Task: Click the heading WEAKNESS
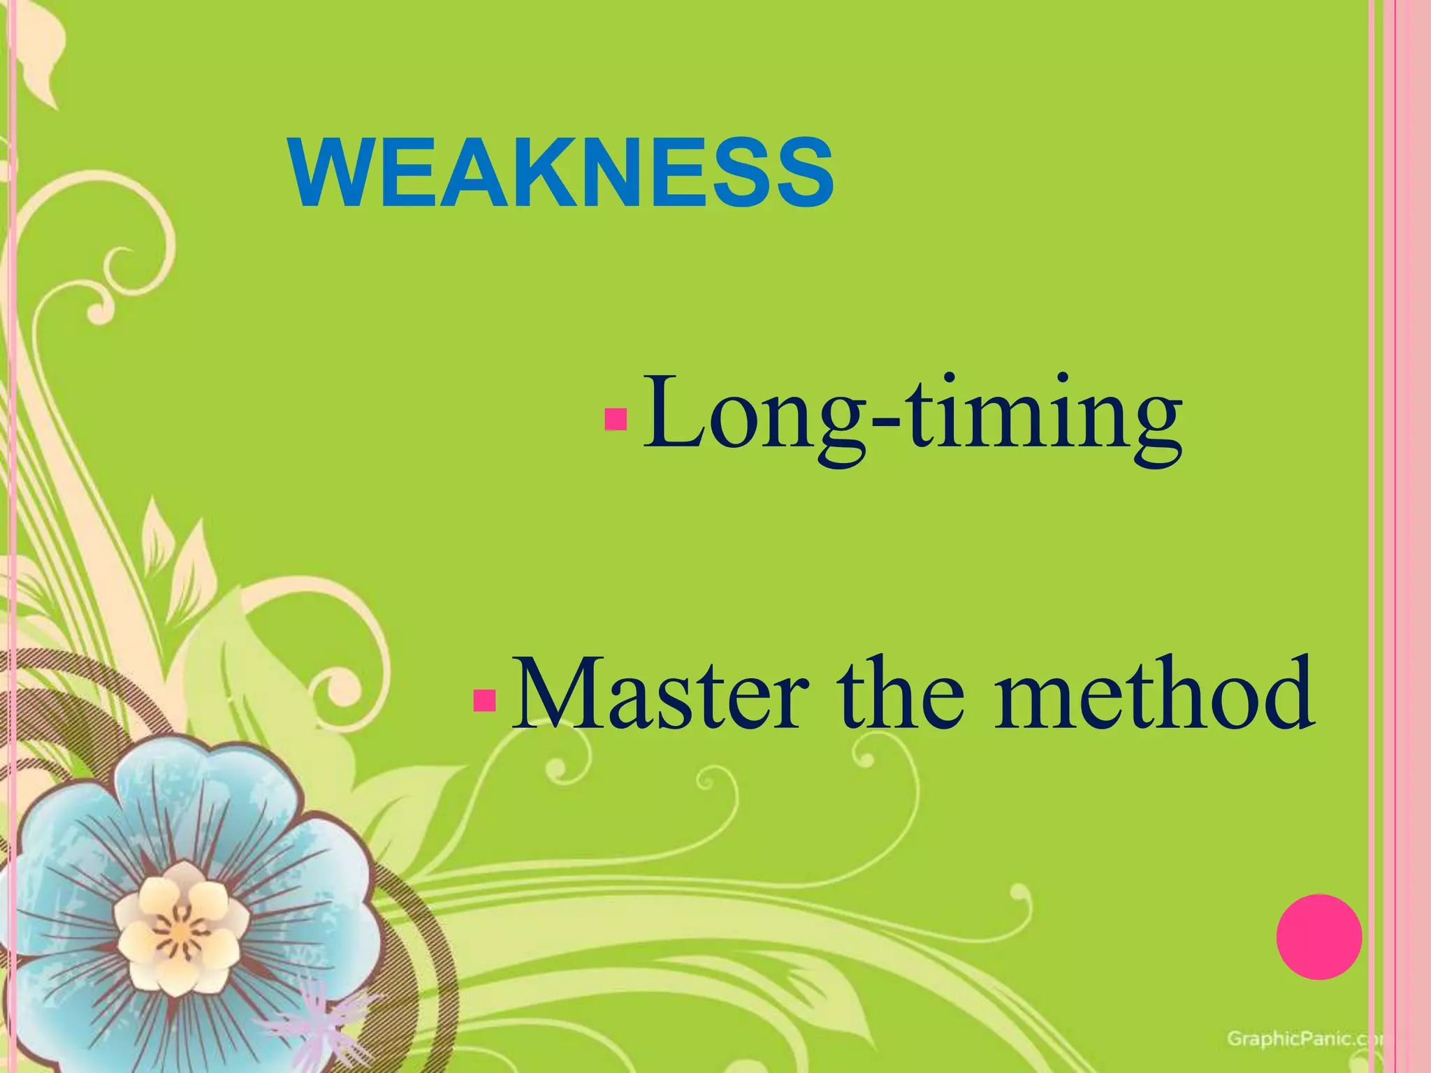pyautogui.click(x=562, y=173)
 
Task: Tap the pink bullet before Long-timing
pyautogui.click(x=616, y=419)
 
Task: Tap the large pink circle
pyautogui.click(x=1319, y=937)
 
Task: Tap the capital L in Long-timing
pyautogui.click(x=671, y=412)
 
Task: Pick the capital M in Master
pyautogui.click(x=559, y=695)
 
